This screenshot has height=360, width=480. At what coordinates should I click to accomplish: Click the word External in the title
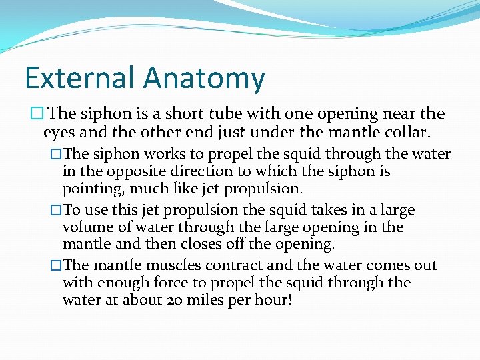[80, 78]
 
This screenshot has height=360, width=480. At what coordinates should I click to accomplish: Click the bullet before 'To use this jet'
[56, 211]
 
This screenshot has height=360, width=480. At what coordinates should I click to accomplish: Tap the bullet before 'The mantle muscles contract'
[56, 265]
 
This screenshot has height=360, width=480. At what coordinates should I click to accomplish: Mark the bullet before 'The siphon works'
[56, 155]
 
